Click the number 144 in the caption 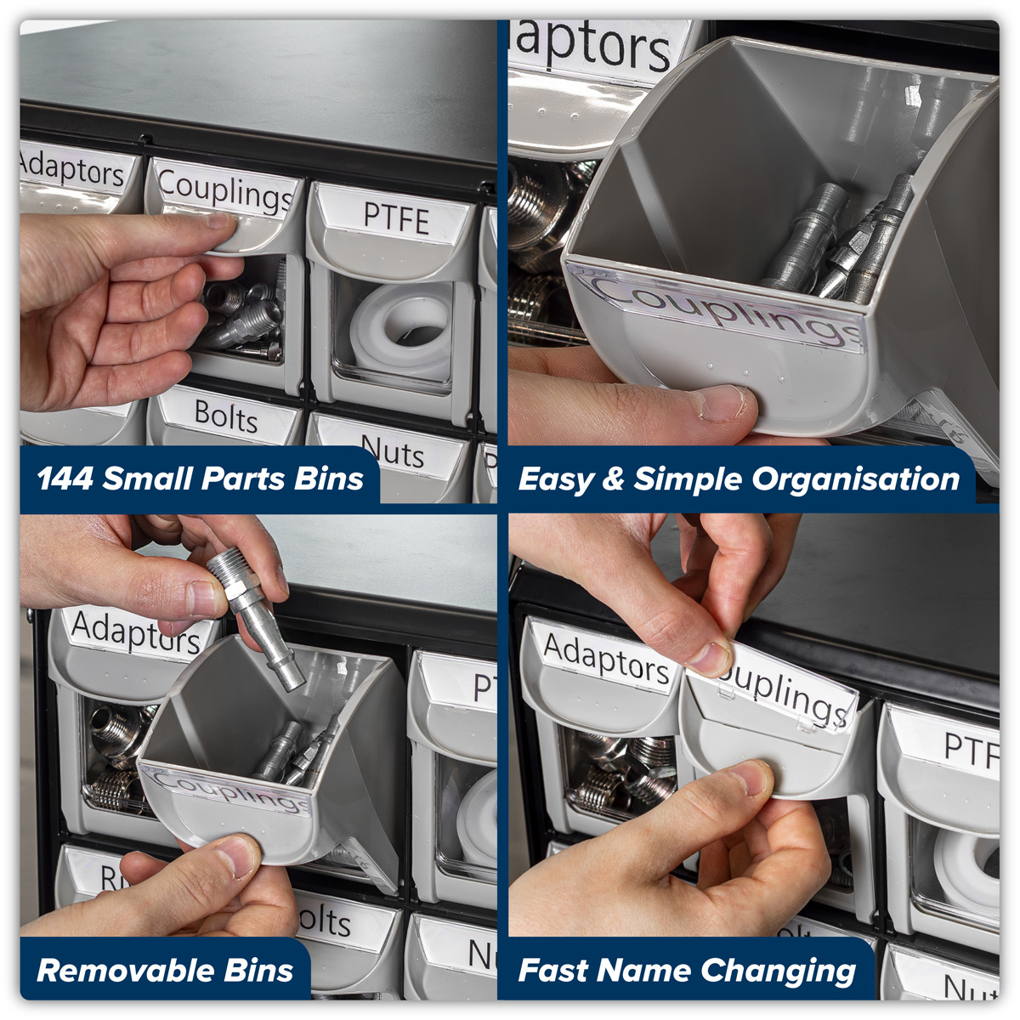click(x=65, y=479)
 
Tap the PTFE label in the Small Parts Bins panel click(x=395, y=218)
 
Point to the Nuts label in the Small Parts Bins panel click(x=392, y=451)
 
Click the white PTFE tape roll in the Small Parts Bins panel click(x=399, y=327)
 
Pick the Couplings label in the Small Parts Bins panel click(x=225, y=192)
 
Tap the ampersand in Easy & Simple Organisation click(x=612, y=479)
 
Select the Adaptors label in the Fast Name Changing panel click(x=605, y=658)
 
